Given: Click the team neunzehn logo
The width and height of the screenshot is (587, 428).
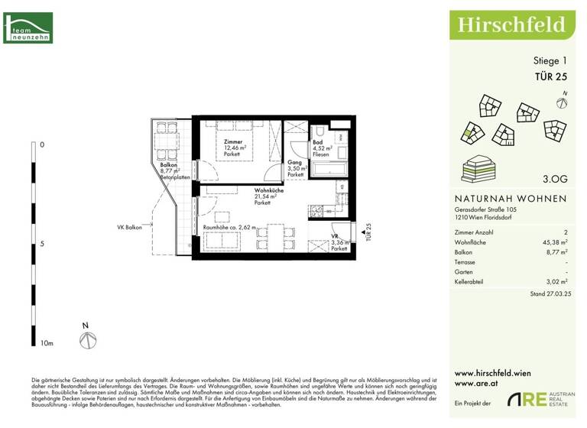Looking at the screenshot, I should click(x=28, y=28).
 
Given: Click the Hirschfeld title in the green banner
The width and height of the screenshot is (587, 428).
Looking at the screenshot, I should click(x=511, y=24).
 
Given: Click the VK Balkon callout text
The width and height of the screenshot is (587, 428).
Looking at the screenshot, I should click(x=131, y=227).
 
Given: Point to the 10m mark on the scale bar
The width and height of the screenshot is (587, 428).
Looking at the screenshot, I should click(x=47, y=344).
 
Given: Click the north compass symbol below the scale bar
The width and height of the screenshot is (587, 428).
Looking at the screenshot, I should click(x=88, y=339).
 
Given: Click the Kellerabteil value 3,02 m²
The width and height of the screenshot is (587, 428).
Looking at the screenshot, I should click(x=553, y=282).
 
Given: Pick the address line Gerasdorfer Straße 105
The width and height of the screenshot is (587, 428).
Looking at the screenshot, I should click(x=485, y=209).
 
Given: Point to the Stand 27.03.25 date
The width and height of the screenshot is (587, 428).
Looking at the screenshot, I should click(x=548, y=293).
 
